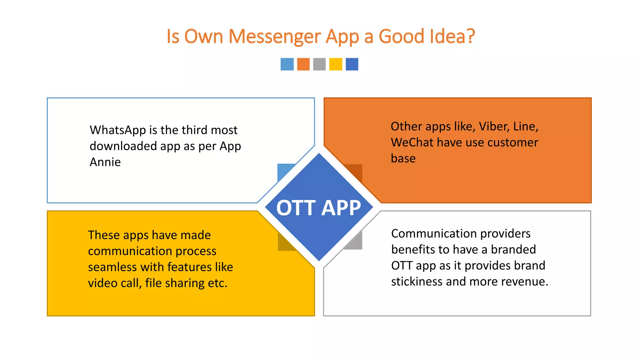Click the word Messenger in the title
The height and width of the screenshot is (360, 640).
pos(275,37)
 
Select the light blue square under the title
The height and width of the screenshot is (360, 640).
pos(287,64)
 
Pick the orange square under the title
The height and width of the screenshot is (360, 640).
pos(303,64)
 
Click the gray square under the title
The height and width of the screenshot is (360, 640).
pos(319,64)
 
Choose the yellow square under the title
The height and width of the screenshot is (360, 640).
pos(336,64)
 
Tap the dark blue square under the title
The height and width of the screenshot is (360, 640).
pos(352,64)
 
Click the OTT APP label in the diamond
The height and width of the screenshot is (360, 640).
pos(319,208)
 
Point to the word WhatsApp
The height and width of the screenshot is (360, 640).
pos(118,130)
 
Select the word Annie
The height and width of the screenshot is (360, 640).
pos(105,162)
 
